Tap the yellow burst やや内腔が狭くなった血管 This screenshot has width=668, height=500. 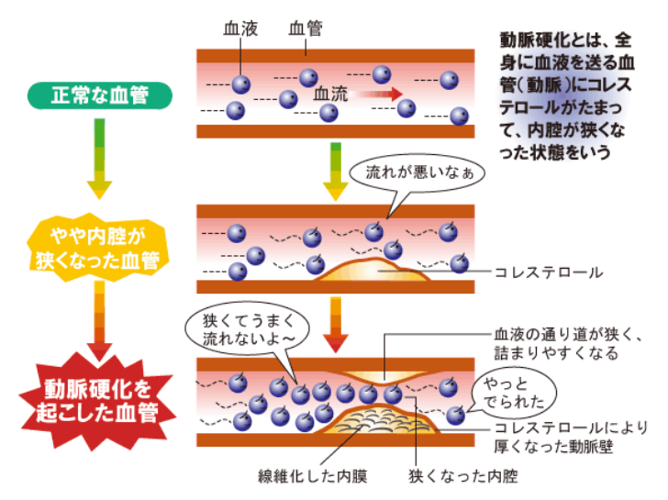(x=99, y=246)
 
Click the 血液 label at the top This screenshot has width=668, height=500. (x=240, y=28)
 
